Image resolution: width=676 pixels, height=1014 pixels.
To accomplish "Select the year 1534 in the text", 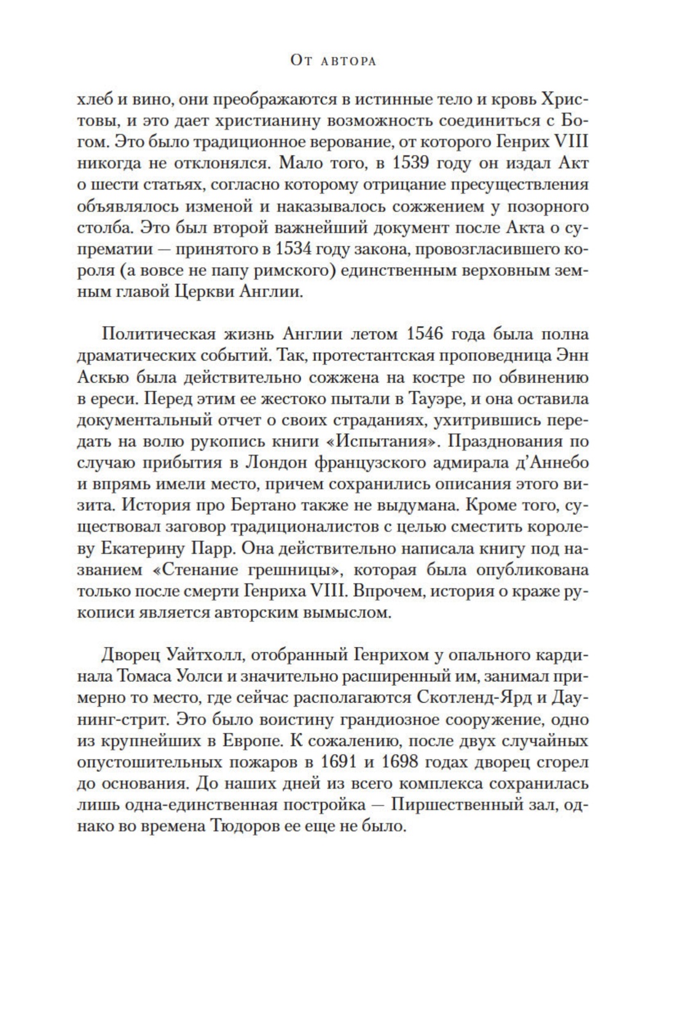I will click(301, 249).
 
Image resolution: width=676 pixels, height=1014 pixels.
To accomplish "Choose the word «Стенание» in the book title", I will click(200, 570).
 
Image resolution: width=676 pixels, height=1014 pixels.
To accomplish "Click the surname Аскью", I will click(98, 377).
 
